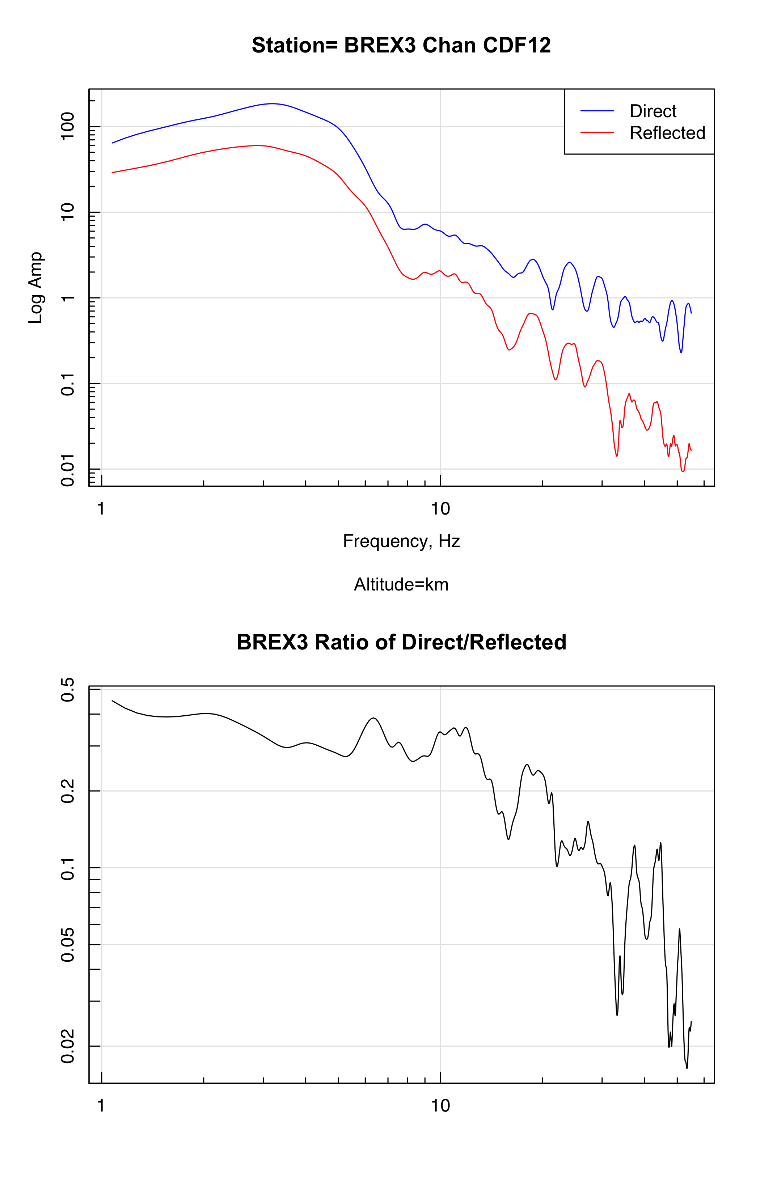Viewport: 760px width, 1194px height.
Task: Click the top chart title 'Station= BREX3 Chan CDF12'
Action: (401, 45)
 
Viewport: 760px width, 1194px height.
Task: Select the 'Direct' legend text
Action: (653, 111)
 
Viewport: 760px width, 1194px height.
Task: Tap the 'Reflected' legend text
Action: (667, 133)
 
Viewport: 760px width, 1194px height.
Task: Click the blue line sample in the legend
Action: (597, 111)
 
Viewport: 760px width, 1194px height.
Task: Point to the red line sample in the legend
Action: (597, 133)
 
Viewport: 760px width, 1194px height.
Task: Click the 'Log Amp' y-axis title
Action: (36, 288)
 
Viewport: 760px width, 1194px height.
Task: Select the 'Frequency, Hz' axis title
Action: (401, 541)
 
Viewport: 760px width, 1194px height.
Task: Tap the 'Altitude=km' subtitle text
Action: (401, 585)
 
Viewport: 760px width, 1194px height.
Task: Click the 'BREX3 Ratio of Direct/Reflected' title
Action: (401, 642)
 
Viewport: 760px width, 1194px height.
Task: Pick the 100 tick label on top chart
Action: (67, 126)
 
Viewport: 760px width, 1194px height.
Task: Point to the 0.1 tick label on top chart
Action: (67, 384)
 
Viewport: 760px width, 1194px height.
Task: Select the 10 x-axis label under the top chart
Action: (440, 509)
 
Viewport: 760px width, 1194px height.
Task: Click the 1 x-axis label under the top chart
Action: (101, 509)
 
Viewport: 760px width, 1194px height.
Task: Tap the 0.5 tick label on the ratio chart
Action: (67, 690)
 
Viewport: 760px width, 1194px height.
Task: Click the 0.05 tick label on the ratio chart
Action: (67, 945)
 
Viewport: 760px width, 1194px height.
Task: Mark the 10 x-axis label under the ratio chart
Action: (440, 1106)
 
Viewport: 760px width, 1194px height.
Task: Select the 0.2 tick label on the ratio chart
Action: (67, 791)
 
